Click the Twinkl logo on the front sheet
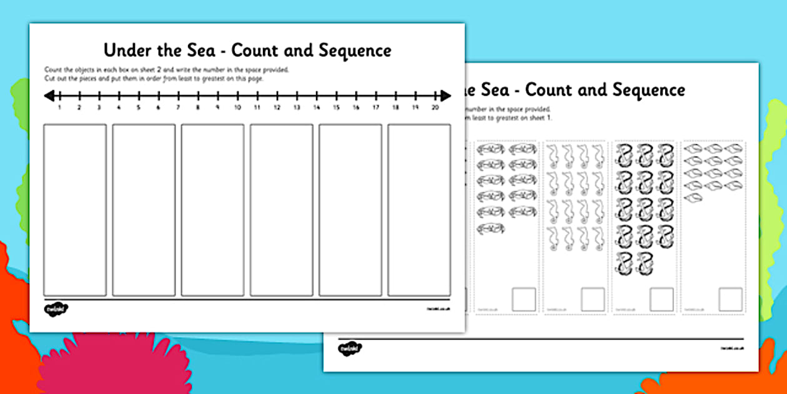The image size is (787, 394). [x=56, y=309]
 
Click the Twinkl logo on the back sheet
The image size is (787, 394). [x=350, y=348]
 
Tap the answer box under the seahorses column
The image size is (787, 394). [x=593, y=299]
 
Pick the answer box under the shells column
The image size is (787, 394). [x=730, y=299]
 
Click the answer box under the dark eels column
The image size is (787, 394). [x=661, y=299]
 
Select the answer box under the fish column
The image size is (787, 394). [x=524, y=299]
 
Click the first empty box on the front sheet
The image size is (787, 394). [x=75, y=210]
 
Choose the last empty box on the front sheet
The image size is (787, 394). [x=418, y=210]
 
